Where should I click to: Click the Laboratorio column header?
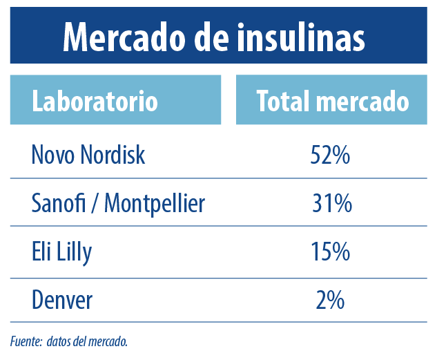(95, 102)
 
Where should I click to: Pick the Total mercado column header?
(332, 102)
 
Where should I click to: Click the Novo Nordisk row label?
(88, 155)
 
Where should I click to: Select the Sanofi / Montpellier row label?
(118, 204)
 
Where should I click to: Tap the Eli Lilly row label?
(61, 252)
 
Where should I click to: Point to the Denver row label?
(62, 300)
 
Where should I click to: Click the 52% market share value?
(331, 155)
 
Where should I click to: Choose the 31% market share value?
(331, 204)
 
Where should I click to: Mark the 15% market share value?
(331, 252)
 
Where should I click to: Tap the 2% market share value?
(331, 300)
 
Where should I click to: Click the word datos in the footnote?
(61, 341)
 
